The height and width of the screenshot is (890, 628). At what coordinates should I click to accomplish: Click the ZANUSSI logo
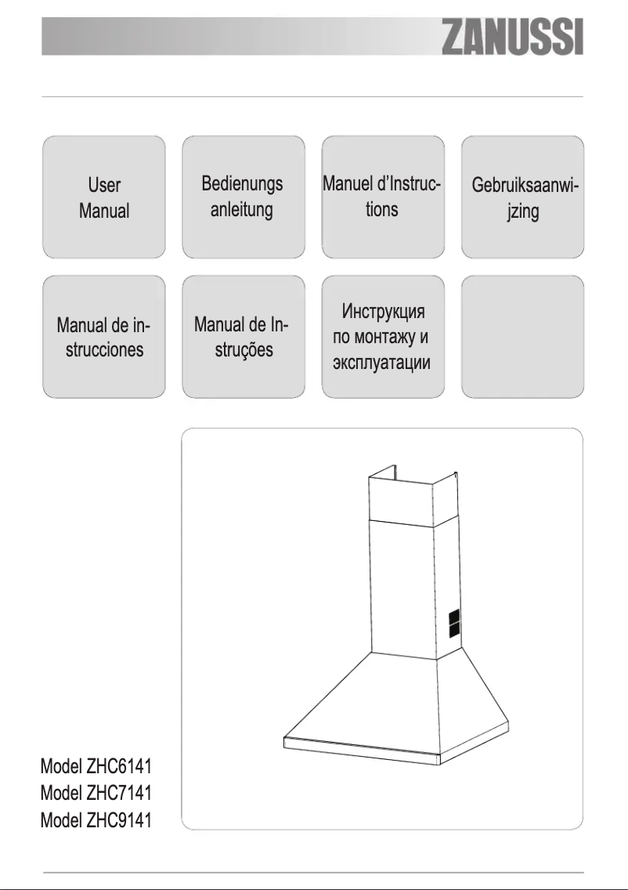[x=514, y=38]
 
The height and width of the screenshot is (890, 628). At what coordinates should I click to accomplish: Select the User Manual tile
[x=103, y=197]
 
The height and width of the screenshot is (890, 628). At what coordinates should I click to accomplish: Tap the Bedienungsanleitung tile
[x=243, y=197]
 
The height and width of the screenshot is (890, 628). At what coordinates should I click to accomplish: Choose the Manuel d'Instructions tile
[x=383, y=197]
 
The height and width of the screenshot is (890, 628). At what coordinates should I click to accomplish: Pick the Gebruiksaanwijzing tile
[x=522, y=197]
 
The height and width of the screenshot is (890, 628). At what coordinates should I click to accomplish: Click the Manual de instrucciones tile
[x=103, y=337]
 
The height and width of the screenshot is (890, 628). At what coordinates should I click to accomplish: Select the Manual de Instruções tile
[x=243, y=337]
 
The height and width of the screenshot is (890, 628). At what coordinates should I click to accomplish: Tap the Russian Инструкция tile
[x=383, y=337]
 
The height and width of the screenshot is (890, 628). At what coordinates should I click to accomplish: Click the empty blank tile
[x=522, y=337]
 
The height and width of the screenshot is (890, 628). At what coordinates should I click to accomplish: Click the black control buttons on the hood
[x=454, y=624]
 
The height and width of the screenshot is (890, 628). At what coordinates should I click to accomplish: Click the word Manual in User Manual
[x=104, y=211]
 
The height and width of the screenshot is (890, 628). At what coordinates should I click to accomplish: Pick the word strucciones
[x=104, y=349]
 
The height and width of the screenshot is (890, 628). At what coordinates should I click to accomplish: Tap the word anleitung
[x=242, y=210]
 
